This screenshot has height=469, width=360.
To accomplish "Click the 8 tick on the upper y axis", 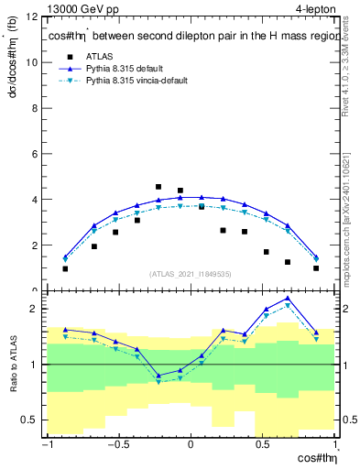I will (37, 108).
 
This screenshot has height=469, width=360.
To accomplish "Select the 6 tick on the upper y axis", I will (37, 154).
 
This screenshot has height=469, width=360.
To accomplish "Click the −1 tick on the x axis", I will (46, 445).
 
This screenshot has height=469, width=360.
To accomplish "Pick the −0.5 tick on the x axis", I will (116, 445).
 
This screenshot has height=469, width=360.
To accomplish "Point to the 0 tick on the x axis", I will (191, 445).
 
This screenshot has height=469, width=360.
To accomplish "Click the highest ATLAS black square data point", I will (158, 187).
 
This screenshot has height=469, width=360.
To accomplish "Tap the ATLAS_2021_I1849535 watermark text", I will (190, 274).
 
